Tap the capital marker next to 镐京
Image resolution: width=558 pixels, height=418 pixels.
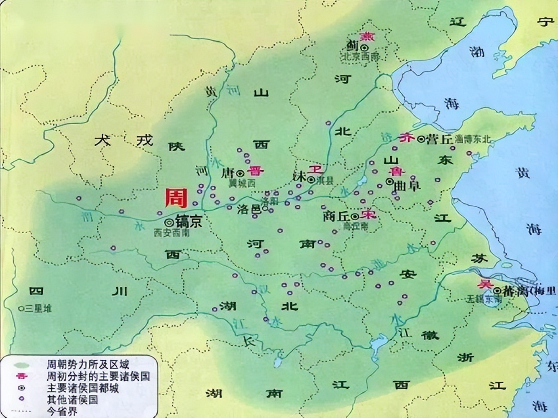169,222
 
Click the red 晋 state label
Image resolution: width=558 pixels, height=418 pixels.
254,171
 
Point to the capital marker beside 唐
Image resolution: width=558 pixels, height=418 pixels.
240,173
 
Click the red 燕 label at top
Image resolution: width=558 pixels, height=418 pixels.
368,36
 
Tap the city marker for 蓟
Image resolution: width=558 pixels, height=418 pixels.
366,47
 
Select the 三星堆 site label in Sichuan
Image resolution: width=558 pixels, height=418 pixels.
38,308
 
